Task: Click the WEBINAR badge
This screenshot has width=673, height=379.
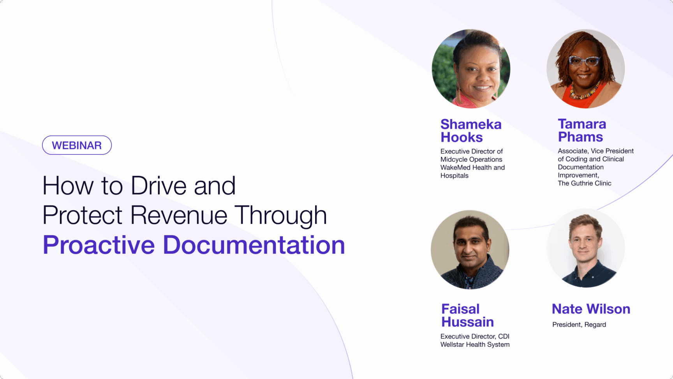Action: point(77,145)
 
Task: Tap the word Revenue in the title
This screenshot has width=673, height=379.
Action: point(179,215)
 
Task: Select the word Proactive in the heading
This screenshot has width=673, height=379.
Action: point(99,245)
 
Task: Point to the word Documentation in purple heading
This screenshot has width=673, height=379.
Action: point(254,245)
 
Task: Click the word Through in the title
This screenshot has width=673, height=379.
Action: point(280,216)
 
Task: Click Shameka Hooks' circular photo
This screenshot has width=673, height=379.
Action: point(471,69)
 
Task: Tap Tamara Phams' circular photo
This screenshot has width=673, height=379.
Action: point(586,69)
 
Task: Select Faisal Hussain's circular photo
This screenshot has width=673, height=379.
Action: point(470,250)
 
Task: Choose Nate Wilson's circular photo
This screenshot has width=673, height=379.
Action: point(586,248)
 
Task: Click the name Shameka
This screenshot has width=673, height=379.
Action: point(471,124)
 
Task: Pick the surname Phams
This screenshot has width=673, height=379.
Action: point(580,137)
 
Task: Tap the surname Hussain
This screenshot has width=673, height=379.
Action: point(467,322)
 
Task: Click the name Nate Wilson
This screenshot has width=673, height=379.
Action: point(591,309)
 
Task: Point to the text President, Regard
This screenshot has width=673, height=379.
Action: point(579,324)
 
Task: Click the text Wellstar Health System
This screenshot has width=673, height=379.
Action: point(475,345)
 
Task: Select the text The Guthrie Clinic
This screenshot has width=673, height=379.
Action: point(585,183)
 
